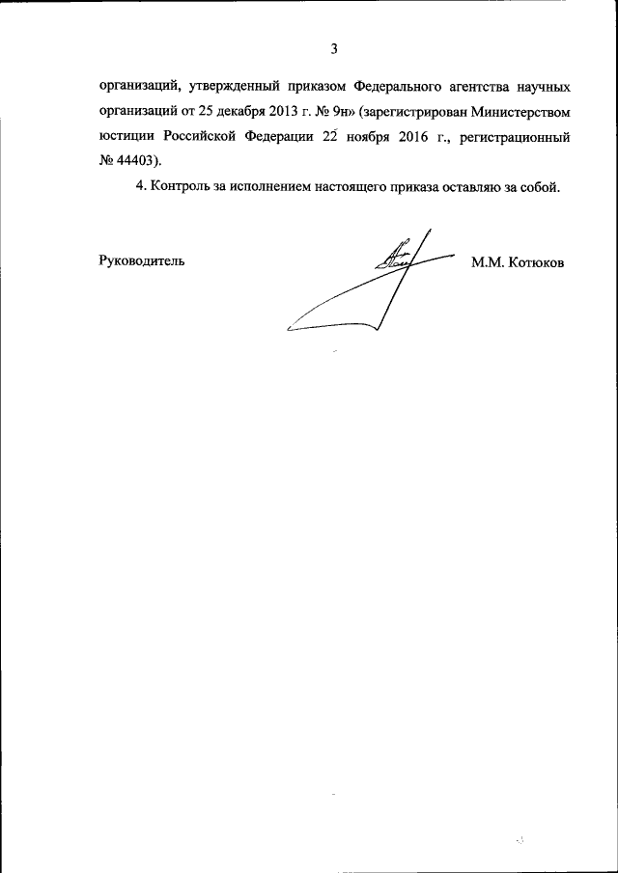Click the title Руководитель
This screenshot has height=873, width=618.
[x=141, y=260]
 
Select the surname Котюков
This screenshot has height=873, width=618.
[x=534, y=261]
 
